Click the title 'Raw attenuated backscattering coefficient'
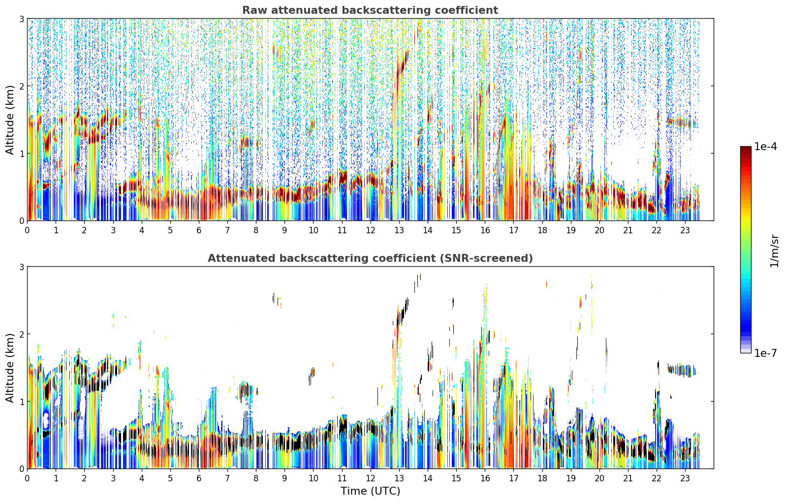(370, 10)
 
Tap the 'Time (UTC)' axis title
(370, 491)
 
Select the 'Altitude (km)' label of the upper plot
(9, 120)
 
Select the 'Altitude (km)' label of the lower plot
(9, 368)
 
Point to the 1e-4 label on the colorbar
(765, 147)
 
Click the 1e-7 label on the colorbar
(765, 353)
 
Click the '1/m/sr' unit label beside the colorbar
(774, 251)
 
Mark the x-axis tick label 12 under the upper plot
(371, 230)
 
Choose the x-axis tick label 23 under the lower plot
(685, 478)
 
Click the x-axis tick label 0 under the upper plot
(28, 230)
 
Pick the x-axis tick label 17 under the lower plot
(513, 478)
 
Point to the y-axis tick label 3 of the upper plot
(21, 19)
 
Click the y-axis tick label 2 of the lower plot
(21, 334)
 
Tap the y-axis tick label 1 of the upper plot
(21, 154)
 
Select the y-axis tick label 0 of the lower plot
(21, 469)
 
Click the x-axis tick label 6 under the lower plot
(199, 478)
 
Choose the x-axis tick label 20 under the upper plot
(599, 230)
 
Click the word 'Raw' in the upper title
(254, 10)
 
